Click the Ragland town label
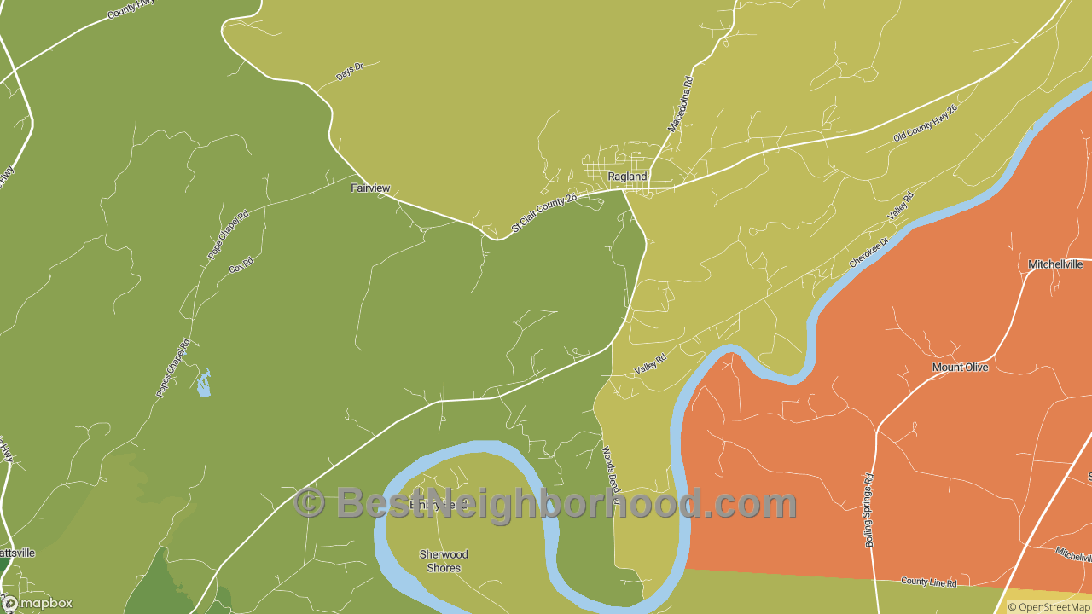(x=627, y=177)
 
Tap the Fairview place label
(x=370, y=188)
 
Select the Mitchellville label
(x=1055, y=264)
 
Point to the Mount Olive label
(x=960, y=368)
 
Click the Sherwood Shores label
(x=444, y=561)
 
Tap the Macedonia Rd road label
(x=681, y=104)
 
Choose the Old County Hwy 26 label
(x=926, y=124)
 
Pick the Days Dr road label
(x=350, y=72)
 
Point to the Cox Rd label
(x=241, y=266)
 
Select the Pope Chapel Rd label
(x=228, y=235)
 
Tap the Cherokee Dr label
(x=868, y=252)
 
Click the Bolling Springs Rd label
(x=869, y=510)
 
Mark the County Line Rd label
(x=929, y=582)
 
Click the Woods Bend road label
(x=611, y=474)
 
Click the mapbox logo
(x=38, y=603)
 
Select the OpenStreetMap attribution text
(x=1048, y=607)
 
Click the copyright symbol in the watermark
(x=309, y=503)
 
